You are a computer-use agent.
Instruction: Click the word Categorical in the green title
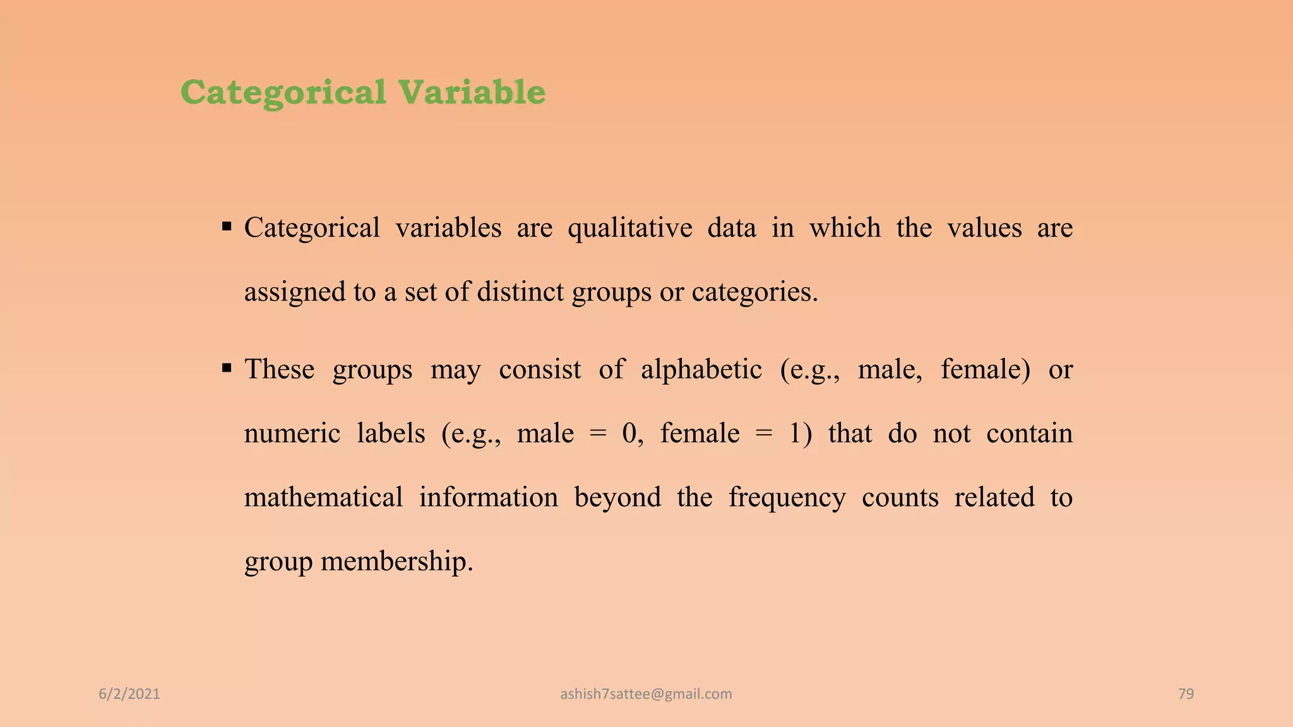pyautogui.click(x=283, y=93)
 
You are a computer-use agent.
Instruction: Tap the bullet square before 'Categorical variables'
pyautogui.click(x=227, y=227)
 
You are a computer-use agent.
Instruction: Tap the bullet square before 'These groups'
pyautogui.click(x=227, y=367)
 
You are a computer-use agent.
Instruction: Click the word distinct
pyautogui.click(x=520, y=292)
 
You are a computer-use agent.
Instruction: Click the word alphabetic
pyautogui.click(x=701, y=369)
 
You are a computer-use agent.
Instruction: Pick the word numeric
pyautogui.click(x=292, y=434)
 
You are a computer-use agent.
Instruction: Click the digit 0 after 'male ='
pyautogui.click(x=629, y=434)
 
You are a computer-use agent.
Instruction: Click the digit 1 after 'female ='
pyautogui.click(x=795, y=434)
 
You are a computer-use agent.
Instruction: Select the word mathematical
pyautogui.click(x=323, y=497)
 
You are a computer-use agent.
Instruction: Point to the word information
pyautogui.click(x=488, y=497)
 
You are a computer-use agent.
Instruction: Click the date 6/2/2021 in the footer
pyautogui.click(x=129, y=694)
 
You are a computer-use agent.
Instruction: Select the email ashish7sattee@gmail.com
pyautogui.click(x=646, y=694)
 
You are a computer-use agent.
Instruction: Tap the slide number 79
pyautogui.click(x=1186, y=694)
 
